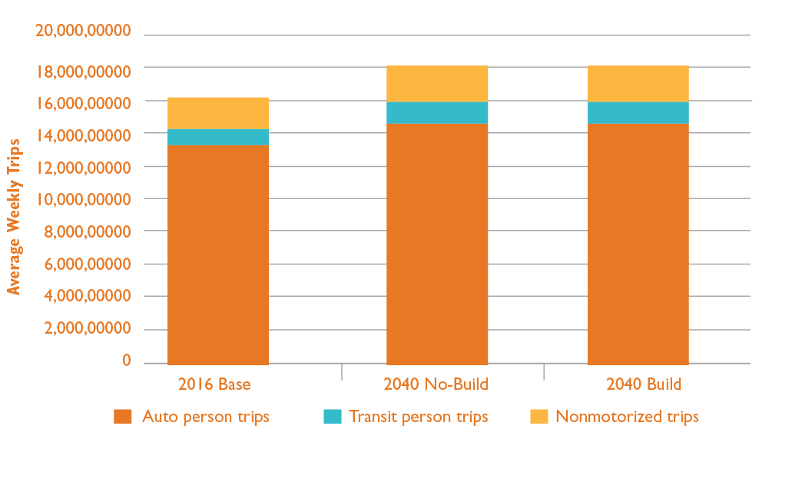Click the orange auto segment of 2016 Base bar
pos(217,254)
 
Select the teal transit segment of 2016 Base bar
pos(217,137)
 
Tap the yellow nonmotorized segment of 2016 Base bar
pos(217,113)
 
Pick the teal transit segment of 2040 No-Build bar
pos(437,112)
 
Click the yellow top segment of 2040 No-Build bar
pos(437,84)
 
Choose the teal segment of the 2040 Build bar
pos(638,112)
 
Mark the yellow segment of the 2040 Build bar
pos(638,84)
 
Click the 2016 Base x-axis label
pos(214,384)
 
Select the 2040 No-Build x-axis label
pos(436,384)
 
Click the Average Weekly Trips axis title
pos(14,216)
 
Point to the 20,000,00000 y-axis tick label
pos(83,31)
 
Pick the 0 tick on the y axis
pos(126,361)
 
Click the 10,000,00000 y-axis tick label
pos(83,199)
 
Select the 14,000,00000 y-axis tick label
pos(83,135)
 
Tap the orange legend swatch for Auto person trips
pos(123,417)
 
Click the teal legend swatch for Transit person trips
pos(332,417)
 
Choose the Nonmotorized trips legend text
pos(627,417)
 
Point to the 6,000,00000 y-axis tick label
pos(83,264)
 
